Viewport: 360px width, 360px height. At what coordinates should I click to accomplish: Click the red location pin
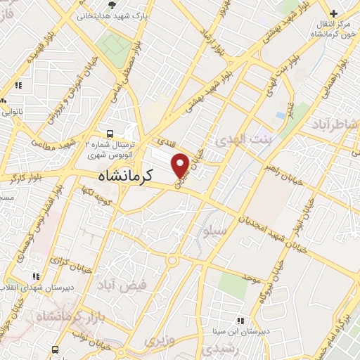181,165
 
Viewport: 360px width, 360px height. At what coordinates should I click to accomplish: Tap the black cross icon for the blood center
334,13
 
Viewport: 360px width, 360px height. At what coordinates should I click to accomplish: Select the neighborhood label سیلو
214,230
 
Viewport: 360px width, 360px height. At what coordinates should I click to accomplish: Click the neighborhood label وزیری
160,340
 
